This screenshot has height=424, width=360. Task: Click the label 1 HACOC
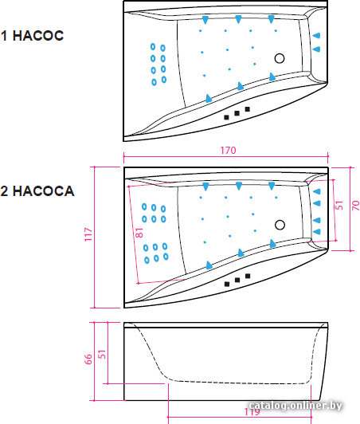pos(32,36)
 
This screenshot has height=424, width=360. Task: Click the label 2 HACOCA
pos(37,191)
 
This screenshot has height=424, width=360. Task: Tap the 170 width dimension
pos(228,150)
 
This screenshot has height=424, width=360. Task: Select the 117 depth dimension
pos(88,234)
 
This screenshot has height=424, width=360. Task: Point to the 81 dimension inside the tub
pos(139,232)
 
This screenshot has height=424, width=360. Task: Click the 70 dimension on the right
pos(356,206)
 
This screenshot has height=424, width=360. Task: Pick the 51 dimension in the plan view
pos(339,205)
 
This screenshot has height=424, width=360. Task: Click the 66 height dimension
pos(88,359)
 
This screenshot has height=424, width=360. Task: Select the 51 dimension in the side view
pos(102,354)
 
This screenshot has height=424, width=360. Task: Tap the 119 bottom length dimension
pos(252,412)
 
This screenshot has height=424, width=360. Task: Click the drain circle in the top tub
pos(280,58)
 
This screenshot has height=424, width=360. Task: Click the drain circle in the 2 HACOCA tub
pos(280,225)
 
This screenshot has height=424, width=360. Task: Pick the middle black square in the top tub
pos(237,113)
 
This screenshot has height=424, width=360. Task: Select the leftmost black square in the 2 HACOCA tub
pos(227,284)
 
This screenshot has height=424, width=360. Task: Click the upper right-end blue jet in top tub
pos(316,35)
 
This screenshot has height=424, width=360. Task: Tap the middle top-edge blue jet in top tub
pos(238,19)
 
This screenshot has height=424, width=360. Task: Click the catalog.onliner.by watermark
pos(295,406)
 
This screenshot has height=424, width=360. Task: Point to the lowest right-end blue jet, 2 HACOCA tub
pos(316,232)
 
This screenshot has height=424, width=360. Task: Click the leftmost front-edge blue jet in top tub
pos(209,99)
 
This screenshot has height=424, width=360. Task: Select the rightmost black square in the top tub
pos(247,109)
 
